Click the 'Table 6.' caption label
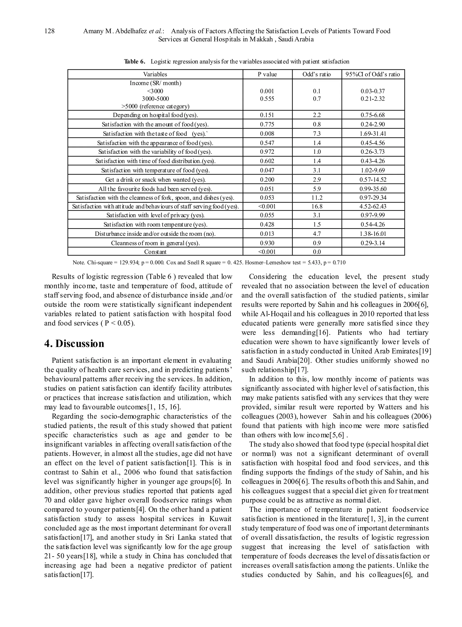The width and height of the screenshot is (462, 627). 135,62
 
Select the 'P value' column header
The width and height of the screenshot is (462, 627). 267,74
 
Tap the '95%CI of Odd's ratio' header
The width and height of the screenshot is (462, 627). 373,74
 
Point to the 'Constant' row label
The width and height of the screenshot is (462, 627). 155,252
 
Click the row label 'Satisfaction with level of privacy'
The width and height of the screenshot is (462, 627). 155,216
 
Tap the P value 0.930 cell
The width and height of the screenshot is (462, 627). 267,243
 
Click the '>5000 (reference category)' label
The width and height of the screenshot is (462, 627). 155,106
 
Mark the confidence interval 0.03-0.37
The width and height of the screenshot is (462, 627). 373,91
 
